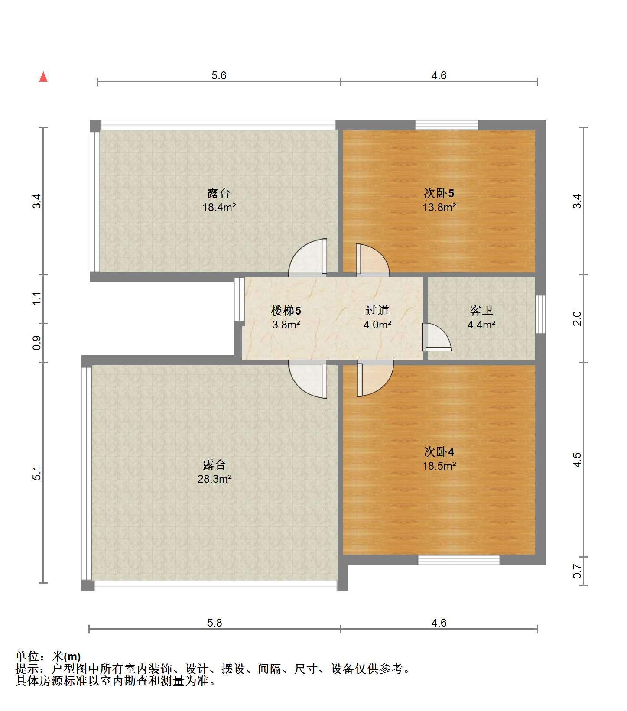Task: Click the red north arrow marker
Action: coord(43,77)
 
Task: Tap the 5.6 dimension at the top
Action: coord(219,75)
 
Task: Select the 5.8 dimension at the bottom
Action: coord(214,623)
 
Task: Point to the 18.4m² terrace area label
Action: coord(219,207)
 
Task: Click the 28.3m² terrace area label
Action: coord(214,479)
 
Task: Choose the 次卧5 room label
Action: coord(439,193)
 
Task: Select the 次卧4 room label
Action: coord(439,452)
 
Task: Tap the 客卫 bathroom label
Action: coord(481,310)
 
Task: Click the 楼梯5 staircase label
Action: coord(286,310)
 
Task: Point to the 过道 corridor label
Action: coord(377,310)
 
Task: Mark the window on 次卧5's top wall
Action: coord(447,125)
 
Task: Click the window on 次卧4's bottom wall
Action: coord(459,560)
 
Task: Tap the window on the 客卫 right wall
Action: coord(540,314)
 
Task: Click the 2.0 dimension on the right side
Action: coord(577,318)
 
